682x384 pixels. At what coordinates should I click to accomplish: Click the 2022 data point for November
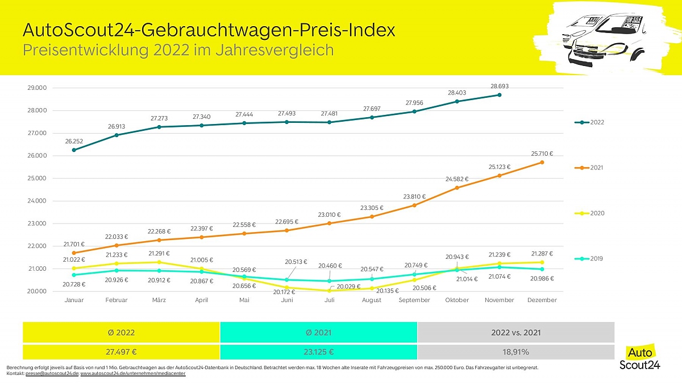500,95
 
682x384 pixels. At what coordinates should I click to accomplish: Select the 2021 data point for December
542,163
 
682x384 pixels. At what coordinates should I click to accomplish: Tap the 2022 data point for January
74,150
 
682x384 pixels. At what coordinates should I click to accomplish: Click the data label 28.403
457,93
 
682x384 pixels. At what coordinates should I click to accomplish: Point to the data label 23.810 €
414,197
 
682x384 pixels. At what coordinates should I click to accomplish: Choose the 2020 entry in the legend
589,213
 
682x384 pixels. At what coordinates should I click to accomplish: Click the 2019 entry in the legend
589,259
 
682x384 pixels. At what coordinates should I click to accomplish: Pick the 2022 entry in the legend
589,122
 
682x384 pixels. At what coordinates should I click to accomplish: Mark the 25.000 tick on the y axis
37,178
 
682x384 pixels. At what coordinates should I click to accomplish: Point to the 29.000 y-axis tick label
37,88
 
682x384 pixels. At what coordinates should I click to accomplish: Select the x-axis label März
159,300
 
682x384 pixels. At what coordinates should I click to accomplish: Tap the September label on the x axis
414,300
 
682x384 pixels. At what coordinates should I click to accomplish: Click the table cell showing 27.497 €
121,352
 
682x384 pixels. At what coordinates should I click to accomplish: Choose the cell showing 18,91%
516,352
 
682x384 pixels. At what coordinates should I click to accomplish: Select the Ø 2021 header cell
318,332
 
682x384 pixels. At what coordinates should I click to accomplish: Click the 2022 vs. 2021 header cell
516,332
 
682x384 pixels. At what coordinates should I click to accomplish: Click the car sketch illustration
604,40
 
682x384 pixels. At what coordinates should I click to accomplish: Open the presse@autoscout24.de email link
52,373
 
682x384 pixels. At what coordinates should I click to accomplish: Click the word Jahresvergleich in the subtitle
275,50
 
